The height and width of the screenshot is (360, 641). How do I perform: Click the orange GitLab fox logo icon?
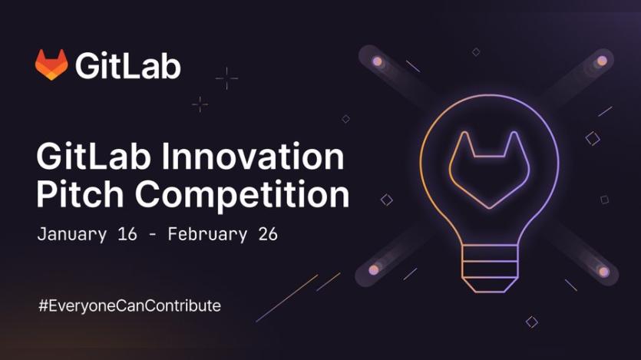click(51, 65)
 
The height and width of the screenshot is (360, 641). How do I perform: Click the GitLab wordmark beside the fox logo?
click(128, 66)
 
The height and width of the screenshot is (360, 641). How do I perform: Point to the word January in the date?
click(71, 234)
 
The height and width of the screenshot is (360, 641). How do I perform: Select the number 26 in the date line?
click(267, 234)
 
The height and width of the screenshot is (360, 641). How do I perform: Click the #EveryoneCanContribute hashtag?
click(129, 306)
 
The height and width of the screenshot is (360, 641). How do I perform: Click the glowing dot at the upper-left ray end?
click(376, 61)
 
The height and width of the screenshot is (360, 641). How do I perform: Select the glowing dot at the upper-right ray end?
click(602, 61)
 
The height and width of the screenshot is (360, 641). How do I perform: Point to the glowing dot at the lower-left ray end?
click(374, 270)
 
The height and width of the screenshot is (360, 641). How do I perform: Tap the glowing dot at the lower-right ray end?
click(603, 271)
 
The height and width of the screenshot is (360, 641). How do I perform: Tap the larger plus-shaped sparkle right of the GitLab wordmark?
click(226, 78)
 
